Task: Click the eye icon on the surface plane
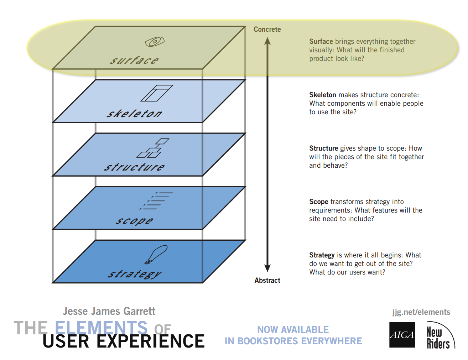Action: (x=155, y=42)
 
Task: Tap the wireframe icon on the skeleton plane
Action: (x=157, y=93)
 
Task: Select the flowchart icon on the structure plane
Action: (x=153, y=148)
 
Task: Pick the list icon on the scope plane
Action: (x=157, y=201)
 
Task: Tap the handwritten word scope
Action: (x=134, y=221)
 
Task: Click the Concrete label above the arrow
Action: (x=267, y=29)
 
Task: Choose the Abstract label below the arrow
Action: (x=267, y=281)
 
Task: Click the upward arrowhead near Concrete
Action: (x=267, y=41)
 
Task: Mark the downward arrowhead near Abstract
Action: (x=267, y=268)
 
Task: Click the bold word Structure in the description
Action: (x=323, y=148)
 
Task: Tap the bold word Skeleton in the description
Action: (x=322, y=95)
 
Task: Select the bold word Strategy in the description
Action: (x=322, y=255)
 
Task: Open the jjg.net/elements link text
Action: (x=421, y=312)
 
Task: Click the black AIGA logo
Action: (x=402, y=335)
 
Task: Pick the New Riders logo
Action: (x=440, y=336)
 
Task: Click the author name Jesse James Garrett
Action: (x=109, y=311)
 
